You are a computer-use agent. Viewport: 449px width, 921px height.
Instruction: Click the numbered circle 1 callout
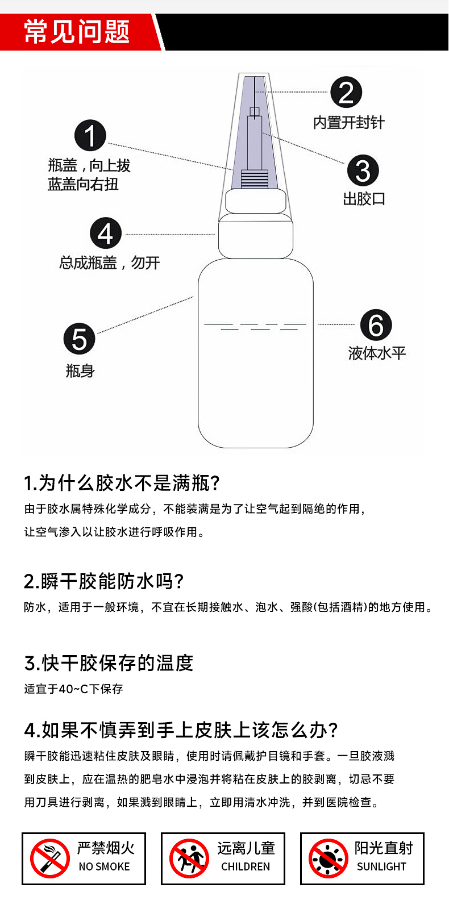coord(90,135)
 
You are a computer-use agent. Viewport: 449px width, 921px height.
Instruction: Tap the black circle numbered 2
coord(346,92)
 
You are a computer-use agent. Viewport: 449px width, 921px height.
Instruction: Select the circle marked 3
coord(363,170)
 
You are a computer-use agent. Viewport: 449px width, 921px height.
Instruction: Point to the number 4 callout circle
coord(106,233)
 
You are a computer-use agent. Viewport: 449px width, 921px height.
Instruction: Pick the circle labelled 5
coord(80,339)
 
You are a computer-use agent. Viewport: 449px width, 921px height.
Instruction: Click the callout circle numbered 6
coord(376,325)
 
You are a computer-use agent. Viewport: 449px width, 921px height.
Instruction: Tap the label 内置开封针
coord(348,123)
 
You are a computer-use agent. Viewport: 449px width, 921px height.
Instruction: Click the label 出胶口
coord(364,199)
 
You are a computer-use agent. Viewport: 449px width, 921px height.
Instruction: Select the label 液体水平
coord(377,353)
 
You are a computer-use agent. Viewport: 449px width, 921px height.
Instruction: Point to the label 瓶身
coord(80,371)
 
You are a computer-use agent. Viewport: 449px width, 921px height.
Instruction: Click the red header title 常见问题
coord(77,31)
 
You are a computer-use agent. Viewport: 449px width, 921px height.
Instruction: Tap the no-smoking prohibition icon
coord(50,858)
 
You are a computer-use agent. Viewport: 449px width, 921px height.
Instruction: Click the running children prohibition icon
coord(189,858)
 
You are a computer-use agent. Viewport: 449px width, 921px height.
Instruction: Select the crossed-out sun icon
coord(329,858)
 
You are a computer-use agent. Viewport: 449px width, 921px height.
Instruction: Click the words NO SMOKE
coord(104,866)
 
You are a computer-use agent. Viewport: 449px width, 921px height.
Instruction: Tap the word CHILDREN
coord(246,866)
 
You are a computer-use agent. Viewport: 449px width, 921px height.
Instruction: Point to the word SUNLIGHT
coord(381,866)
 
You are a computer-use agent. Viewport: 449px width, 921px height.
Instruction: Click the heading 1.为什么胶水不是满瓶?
coord(122,483)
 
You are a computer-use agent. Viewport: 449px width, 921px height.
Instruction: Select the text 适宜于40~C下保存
coord(73,689)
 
